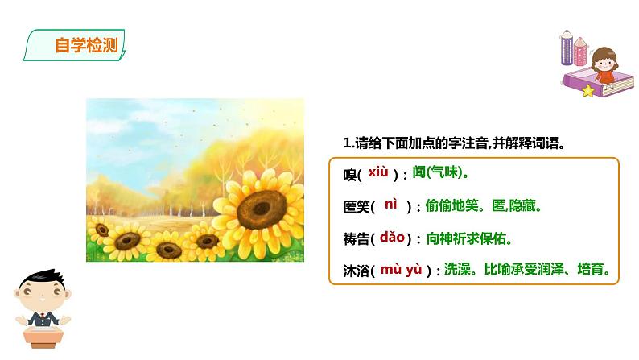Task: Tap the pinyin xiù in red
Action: pyautogui.click(x=378, y=172)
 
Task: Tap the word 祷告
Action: pyautogui.click(x=355, y=239)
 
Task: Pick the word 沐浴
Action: pyautogui.click(x=355, y=271)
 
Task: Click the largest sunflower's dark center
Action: pyautogui.click(x=262, y=209)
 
